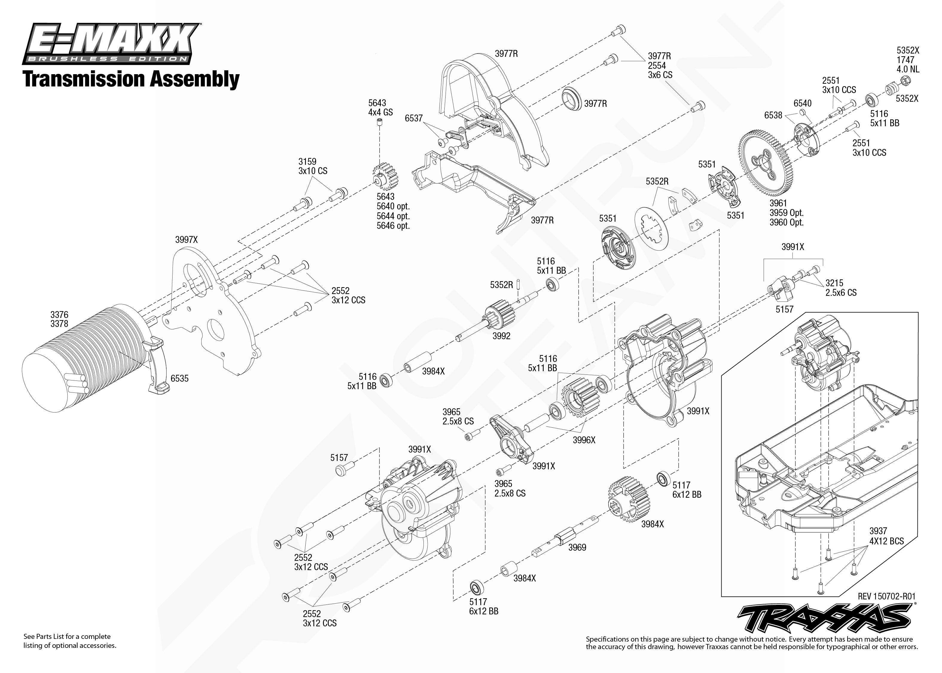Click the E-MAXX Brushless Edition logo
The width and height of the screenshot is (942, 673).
111,43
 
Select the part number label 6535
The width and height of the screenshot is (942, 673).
179,378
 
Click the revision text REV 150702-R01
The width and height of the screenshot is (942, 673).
886,596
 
